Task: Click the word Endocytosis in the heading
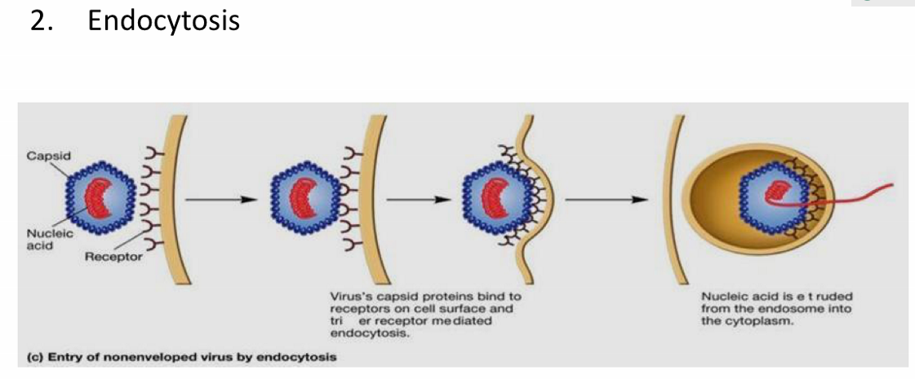(x=163, y=20)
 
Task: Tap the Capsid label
(x=43, y=155)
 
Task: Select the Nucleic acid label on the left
(x=41, y=238)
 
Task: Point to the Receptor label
(x=113, y=258)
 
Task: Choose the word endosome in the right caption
(x=788, y=309)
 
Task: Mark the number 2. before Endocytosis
(x=42, y=20)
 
